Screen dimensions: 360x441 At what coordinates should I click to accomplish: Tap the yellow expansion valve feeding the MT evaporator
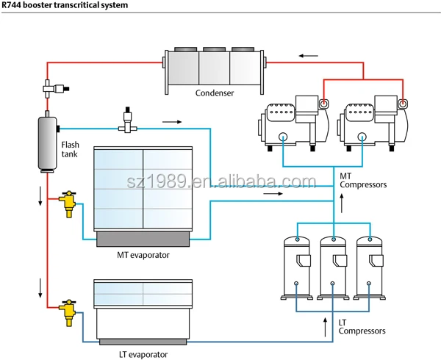[68, 203]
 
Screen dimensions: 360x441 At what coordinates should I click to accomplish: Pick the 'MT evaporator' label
[144, 255]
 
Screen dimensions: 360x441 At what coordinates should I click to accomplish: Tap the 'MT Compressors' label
[362, 180]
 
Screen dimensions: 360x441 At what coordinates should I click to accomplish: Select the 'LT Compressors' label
[362, 327]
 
